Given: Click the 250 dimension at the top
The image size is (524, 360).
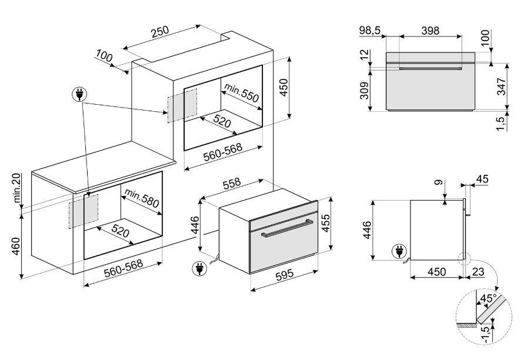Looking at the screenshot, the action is (160, 32).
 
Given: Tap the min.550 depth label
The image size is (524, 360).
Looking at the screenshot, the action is (242, 92).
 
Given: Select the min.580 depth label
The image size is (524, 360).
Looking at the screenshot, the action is (142, 198).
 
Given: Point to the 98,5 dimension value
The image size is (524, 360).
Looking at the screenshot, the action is (370, 31).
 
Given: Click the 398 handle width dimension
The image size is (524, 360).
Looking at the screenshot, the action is (430, 31).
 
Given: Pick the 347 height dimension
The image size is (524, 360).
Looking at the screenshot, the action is (502, 86).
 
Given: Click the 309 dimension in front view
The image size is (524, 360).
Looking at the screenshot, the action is (365, 90).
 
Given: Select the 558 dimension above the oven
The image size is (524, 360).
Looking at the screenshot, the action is (232, 183).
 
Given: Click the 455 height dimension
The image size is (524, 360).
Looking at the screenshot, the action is (325, 223).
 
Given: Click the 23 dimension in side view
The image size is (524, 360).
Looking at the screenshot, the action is (478, 271).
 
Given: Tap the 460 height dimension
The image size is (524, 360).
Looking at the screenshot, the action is (16, 246).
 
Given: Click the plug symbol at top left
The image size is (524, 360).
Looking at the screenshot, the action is (79, 95).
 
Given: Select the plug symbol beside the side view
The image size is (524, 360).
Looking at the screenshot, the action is (399, 251).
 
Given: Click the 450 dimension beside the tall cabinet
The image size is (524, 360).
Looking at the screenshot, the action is (283, 88).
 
